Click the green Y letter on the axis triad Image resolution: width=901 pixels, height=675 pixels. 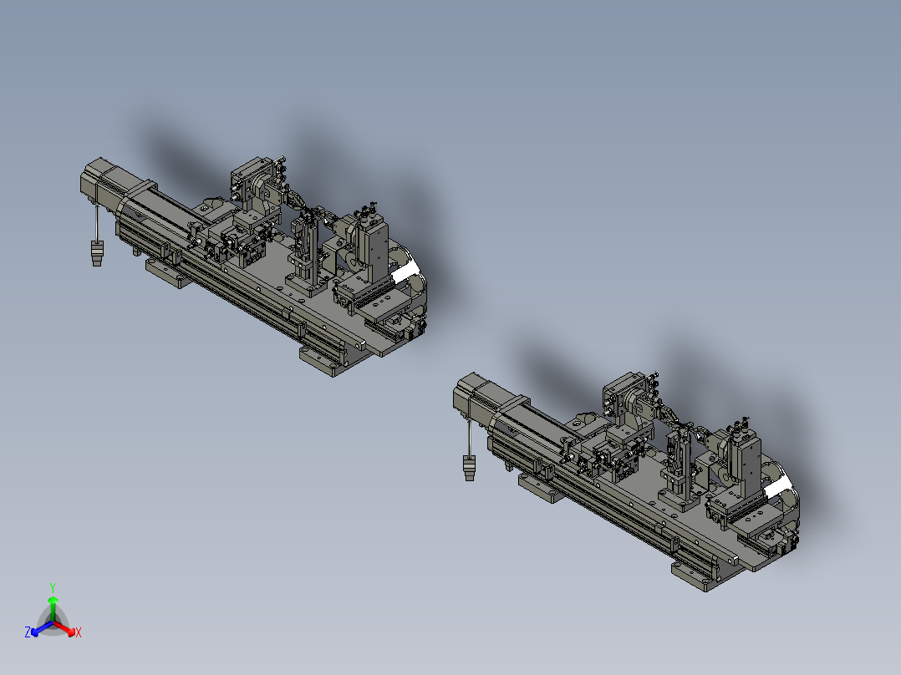(52, 587)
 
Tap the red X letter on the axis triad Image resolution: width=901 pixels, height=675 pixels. (78, 633)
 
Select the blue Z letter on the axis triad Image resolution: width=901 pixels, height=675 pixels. (28, 633)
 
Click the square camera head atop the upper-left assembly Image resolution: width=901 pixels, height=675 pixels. (248, 180)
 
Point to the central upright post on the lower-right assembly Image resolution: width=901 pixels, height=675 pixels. (680, 464)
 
